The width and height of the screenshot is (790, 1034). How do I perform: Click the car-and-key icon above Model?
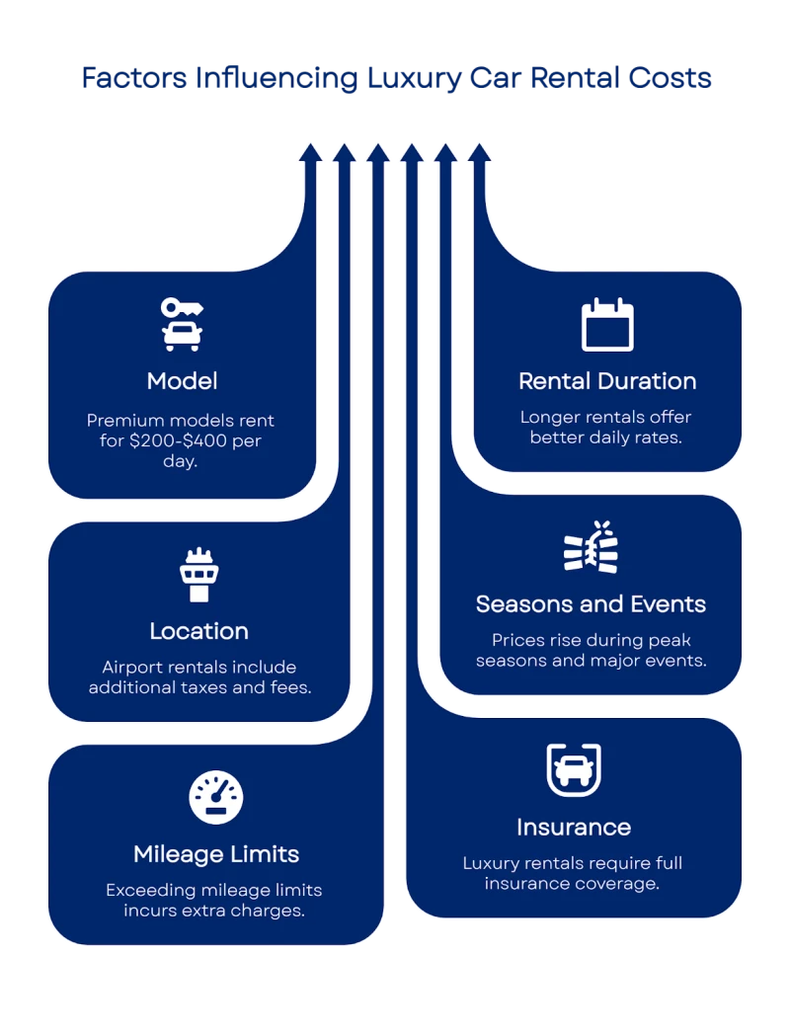(x=182, y=324)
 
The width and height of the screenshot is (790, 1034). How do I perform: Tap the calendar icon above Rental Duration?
(x=607, y=324)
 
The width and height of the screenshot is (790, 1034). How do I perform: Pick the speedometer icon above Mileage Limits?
(x=215, y=798)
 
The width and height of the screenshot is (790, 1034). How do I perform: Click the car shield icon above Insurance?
(x=574, y=769)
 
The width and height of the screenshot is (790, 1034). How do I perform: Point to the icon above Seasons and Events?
(x=590, y=547)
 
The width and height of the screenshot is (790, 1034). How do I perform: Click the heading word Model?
(x=182, y=381)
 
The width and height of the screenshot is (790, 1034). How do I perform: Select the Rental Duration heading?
(x=607, y=381)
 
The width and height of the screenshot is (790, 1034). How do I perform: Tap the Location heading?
(x=198, y=631)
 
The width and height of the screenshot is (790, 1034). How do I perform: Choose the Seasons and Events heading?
(x=591, y=603)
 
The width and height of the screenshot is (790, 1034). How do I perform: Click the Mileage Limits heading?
(x=216, y=853)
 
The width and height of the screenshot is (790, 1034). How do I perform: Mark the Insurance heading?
(x=574, y=827)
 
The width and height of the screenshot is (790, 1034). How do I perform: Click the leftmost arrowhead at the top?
(x=310, y=152)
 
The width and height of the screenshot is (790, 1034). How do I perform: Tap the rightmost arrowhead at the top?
(x=479, y=152)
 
